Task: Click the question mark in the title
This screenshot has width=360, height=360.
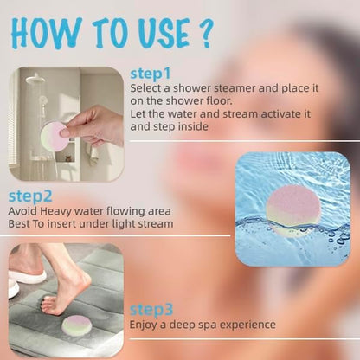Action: [x=205, y=34]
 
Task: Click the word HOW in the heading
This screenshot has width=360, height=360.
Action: [x=46, y=33]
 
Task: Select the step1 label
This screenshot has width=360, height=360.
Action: [x=151, y=74]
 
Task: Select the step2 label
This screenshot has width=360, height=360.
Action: [x=30, y=196]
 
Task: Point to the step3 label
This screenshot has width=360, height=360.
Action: [x=151, y=310]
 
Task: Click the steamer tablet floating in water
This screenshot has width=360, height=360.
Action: [x=292, y=211]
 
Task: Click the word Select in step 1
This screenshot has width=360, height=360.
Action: [x=145, y=88]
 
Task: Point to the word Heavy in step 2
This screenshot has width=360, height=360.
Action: [x=55, y=212]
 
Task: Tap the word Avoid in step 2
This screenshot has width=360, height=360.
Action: [x=22, y=211]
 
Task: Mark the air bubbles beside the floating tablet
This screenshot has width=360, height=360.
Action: [x=337, y=236]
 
